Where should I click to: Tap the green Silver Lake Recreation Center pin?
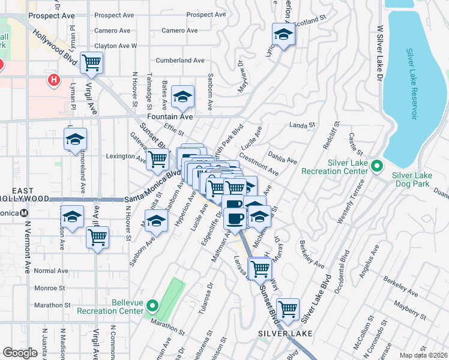pos(377,166)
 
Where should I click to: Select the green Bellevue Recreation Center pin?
pos(152,307)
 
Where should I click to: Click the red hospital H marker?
pos(54,80)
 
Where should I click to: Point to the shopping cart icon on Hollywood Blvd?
pos(91,62)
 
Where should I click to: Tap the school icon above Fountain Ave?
pos(182,96)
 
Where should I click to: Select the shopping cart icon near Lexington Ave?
pos(157,160)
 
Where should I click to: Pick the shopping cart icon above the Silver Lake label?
pos(288,309)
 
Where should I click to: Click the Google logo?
pos(20,353)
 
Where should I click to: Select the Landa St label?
pos(302,125)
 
